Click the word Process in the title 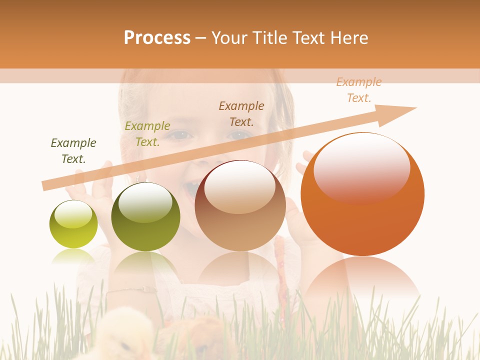pos(157,38)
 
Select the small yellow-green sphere pos(73,224)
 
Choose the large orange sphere pos(362,195)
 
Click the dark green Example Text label pos(73,151)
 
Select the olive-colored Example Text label pos(147,134)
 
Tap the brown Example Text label pos(241,113)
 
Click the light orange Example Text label pos(359,90)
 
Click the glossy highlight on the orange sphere pos(361,167)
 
